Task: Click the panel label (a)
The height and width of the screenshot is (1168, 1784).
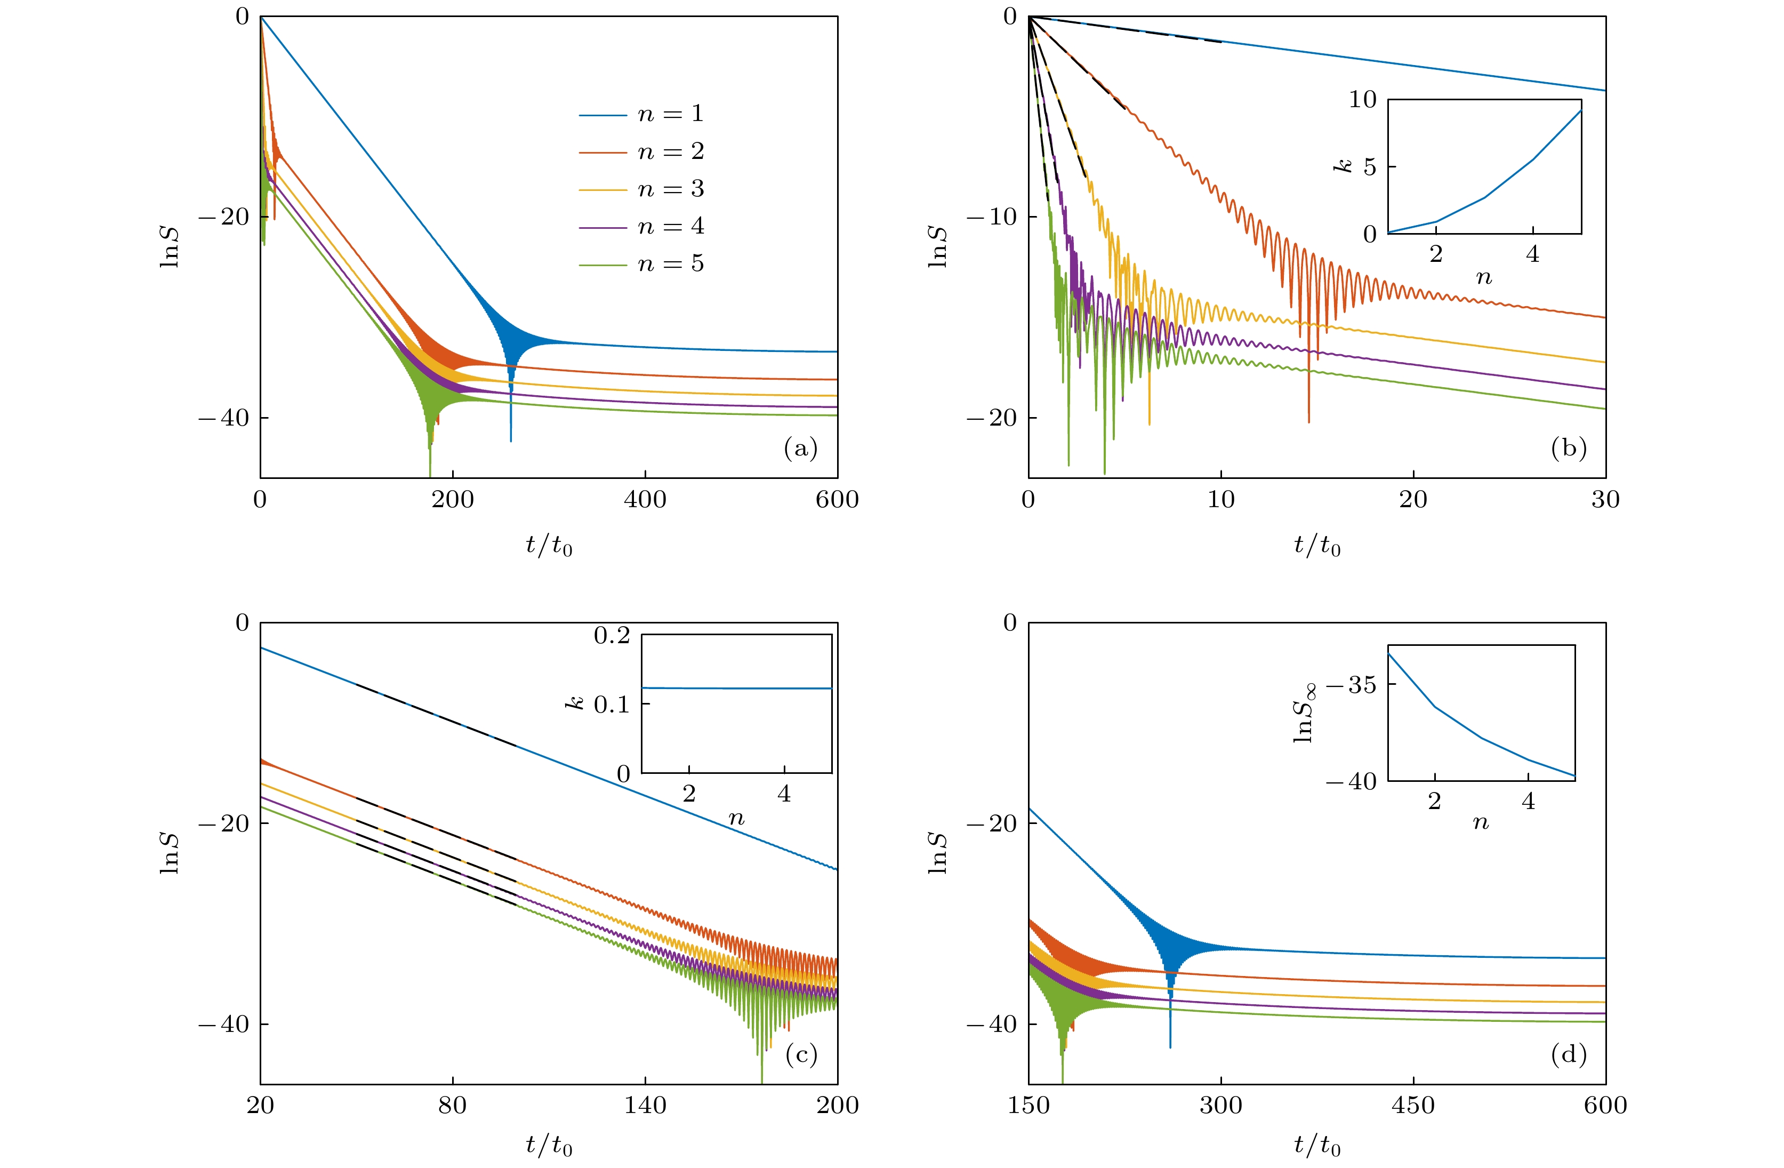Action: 800,449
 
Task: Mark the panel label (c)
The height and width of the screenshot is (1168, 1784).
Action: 800,1055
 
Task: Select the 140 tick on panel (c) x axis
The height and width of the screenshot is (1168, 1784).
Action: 645,1105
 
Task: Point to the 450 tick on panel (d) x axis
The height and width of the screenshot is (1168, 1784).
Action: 1413,1105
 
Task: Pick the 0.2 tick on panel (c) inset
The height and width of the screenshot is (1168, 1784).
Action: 612,636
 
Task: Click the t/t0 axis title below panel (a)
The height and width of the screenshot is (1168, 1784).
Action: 549,546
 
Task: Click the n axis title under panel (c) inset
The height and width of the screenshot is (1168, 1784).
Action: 736,819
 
